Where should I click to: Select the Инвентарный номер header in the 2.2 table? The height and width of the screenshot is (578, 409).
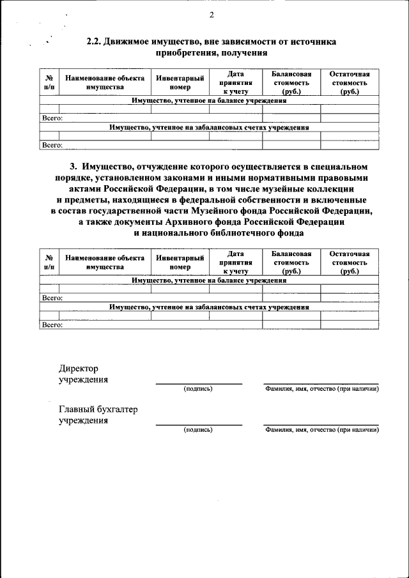(x=180, y=82)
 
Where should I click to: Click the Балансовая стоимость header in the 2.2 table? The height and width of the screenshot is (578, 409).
(x=291, y=82)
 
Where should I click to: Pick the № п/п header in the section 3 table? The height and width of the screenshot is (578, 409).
(x=49, y=262)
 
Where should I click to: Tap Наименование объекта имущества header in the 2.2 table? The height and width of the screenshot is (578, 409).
(x=105, y=82)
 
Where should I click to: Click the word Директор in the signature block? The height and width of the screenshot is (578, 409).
(x=79, y=369)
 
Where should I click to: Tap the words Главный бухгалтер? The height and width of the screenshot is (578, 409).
(x=98, y=409)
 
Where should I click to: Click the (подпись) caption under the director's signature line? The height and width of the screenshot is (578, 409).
(x=198, y=388)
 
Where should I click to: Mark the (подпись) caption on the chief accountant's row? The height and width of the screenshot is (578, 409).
(x=198, y=430)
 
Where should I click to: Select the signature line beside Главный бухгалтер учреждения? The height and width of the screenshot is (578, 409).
(x=199, y=424)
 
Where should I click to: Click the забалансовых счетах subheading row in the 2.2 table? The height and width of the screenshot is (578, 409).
(x=209, y=128)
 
